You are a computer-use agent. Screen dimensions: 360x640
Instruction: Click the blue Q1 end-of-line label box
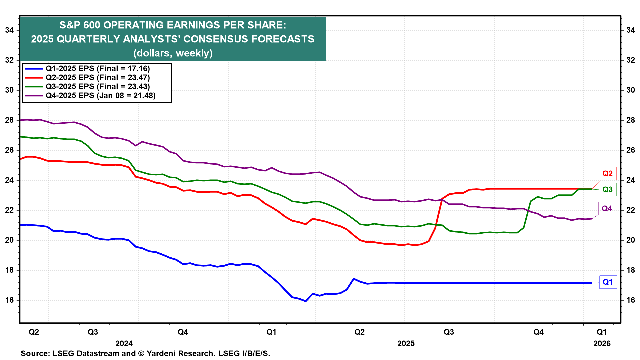608,282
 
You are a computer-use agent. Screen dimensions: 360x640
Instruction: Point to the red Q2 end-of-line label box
607,173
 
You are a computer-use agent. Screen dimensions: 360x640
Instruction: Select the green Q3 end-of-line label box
607,190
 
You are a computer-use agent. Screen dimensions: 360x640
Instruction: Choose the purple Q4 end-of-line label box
607,209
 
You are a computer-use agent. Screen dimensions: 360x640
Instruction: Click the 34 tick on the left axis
9,30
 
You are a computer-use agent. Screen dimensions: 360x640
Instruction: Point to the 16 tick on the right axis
630,300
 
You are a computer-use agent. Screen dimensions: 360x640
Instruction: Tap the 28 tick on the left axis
9,120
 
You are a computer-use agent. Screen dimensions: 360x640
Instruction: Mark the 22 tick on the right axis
630,210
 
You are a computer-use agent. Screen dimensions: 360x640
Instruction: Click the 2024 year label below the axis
124,343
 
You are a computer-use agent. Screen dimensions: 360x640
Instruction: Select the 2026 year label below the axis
602,343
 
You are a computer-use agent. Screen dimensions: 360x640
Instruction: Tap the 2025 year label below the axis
406,343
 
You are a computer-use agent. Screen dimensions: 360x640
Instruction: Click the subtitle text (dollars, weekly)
173,53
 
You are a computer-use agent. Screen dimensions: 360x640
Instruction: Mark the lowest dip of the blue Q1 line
306,301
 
